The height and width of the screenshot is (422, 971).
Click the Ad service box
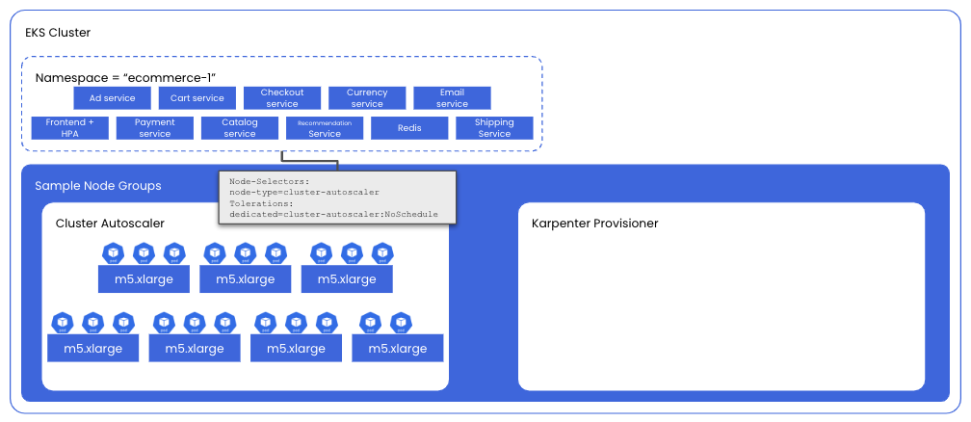tap(112, 98)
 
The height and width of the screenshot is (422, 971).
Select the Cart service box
tap(197, 98)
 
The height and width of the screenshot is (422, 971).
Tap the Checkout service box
tap(282, 98)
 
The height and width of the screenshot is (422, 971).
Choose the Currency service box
tap(367, 98)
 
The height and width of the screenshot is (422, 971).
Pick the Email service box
tap(452, 98)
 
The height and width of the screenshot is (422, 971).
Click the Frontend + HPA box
tap(69, 128)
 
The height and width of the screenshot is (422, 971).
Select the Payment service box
tap(154, 128)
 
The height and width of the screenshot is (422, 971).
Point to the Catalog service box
tap(240, 128)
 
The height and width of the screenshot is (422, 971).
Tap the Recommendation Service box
tap(325, 128)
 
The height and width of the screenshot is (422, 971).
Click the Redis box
tap(409, 128)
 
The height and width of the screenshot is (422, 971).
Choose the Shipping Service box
tap(494, 128)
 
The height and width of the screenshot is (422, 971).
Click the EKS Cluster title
tap(58, 33)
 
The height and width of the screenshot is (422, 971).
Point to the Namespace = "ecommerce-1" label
tap(125, 77)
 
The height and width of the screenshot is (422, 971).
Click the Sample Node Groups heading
tap(98, 186)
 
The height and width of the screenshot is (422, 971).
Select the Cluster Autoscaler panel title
tap(110, 224)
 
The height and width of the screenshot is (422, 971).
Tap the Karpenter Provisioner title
tap(595, 224)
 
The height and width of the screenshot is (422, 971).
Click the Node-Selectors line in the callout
tap(270, 181)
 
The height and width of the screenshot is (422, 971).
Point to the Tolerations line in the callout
tap(261, 203)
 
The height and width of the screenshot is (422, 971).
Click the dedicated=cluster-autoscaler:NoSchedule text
tap(333, 214)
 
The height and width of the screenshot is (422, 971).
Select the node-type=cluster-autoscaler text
tap(304, 192)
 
